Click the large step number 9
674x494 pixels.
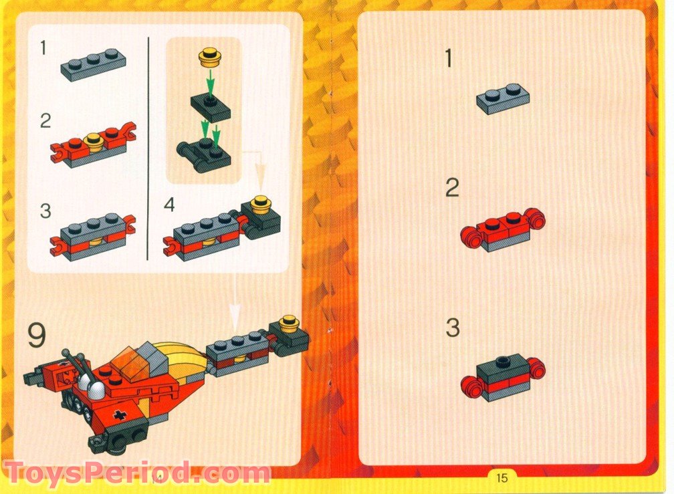pos(37,336)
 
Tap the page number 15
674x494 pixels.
pos(501,477)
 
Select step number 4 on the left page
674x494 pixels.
pos(169,205)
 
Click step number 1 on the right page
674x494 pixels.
pos(449,59)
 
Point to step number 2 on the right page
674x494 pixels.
pos(453,189)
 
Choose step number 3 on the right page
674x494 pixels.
pos(453,328)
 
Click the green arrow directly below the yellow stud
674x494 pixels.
pos(209,83)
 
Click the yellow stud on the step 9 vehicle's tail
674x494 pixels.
pos(290,324)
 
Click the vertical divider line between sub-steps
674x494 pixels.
pos(147,147)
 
